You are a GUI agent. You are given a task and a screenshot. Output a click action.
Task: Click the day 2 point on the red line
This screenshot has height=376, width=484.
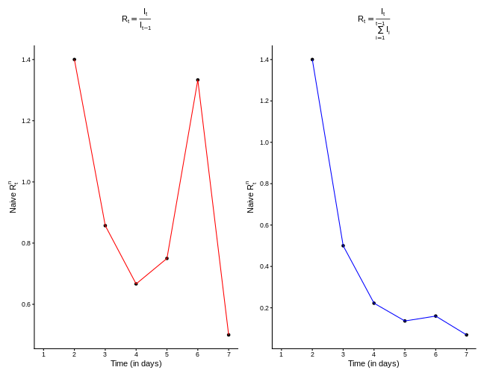click(74, 60)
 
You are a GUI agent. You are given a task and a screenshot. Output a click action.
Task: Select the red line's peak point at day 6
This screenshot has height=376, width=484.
click(198, 80)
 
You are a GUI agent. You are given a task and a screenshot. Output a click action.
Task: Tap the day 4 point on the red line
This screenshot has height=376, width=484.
click(136, 283)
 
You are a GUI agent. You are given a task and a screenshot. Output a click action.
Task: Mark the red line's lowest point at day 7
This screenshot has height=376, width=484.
click(229, 335)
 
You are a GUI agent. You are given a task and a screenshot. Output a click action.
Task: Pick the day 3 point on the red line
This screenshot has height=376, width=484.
click(105, 225)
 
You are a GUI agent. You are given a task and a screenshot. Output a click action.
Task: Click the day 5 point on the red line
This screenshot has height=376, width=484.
click(167, 258)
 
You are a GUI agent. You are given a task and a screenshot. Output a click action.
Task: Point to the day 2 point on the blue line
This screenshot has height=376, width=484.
click(312, 60)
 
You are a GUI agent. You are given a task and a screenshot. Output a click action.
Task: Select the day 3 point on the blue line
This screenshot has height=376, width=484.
click(343, 245)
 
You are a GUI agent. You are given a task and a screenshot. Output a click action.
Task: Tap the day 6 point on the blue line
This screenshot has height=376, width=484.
click(435, 316)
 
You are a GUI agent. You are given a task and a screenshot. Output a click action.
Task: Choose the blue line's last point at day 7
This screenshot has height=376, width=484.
click(467, 335)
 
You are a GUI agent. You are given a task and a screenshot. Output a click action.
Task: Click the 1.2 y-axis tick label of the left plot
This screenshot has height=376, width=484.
click(27, 121)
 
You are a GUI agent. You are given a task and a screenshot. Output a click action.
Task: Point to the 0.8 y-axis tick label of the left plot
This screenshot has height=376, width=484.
click(27, 243)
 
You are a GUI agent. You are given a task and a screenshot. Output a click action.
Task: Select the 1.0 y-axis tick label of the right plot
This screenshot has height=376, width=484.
click(264, 142)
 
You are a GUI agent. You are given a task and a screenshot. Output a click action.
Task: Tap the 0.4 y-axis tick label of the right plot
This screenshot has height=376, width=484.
click(264, 266)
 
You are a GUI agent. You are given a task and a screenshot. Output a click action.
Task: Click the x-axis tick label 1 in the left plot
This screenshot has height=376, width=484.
click(43, 354)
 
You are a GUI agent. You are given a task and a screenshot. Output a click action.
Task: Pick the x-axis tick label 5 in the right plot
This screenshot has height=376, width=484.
click(405, 354)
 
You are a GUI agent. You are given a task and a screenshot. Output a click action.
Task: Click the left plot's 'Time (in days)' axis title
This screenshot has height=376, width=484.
click(136, 364)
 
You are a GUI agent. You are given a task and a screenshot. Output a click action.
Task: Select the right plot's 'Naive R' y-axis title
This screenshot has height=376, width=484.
click(251, 197)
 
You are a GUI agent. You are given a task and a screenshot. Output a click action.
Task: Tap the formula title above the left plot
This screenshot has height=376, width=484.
click(136, 19)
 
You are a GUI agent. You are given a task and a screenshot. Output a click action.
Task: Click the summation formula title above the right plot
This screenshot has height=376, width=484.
click(373, 22)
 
